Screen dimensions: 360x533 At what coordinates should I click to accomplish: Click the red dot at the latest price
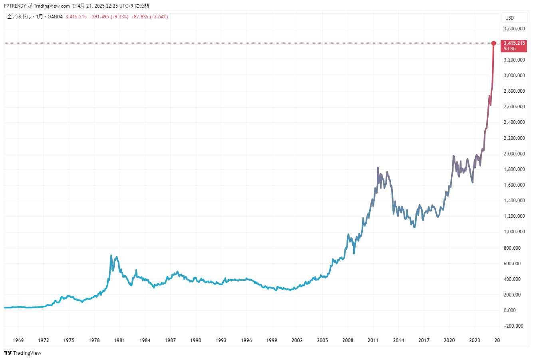(x=493, y=43)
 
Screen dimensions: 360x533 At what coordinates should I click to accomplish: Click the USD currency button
(x=509, y=18)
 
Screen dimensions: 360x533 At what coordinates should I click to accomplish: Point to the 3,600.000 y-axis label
(x=514, y=29)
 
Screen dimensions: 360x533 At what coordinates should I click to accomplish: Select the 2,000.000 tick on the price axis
(x=514, y=154)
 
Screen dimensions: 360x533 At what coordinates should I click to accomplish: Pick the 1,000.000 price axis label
(x=514, y=232)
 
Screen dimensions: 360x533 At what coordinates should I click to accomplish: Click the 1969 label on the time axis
(x=18, y=340)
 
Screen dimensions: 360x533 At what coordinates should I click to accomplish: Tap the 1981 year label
(x=119, y=340)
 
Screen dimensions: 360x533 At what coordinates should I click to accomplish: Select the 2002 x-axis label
(x=297, y=340)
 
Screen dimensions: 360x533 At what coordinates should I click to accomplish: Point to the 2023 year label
(x=475, y=340)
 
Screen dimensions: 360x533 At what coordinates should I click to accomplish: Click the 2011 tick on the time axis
(x=373, y=340)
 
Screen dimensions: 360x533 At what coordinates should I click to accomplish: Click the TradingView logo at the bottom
(x=23, y=353)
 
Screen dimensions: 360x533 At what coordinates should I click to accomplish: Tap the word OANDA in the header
(x=55, y=17)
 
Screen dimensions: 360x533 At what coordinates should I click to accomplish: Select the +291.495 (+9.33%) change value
(x=109, y=17)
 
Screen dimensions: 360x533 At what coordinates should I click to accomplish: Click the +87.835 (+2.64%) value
(x=149, y=17)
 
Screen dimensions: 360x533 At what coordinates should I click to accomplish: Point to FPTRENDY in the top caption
(x=15, y=6)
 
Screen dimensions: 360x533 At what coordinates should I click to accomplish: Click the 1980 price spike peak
(x=111, y=255)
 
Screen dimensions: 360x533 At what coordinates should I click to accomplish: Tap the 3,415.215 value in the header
(x=76, y=17)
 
